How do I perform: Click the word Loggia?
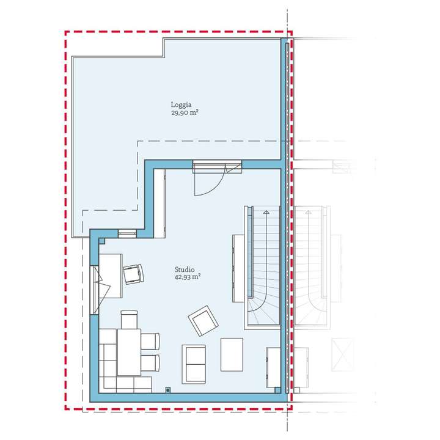(x=180, y=105)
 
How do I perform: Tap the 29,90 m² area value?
(x=186, y=112)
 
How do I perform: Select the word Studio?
(x=184, y=268)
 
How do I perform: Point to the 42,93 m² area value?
(x=188, y=276)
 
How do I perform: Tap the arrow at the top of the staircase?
(x=266, y=212)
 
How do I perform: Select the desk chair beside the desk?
(x=133, y=274)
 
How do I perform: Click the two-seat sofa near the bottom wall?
(x=194, y=363)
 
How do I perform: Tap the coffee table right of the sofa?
(x=232, y=354)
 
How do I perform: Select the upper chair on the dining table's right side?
(x=150, y=341)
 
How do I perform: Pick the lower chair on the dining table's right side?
(x=150, y=363)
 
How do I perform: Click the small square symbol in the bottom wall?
(x=167, y=389)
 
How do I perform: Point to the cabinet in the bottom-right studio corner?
(x=273, y=368)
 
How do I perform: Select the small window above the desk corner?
(x=127, y=233)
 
